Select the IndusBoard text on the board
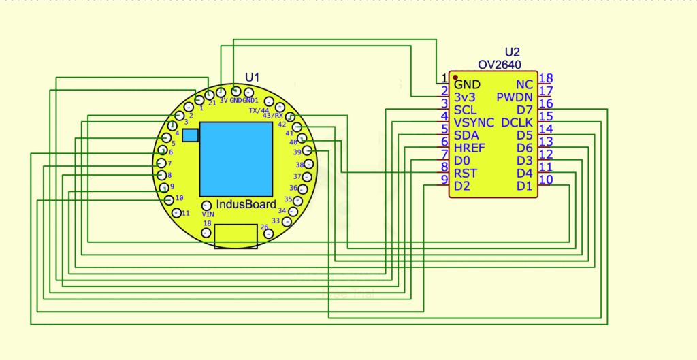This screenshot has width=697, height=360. point(246,204)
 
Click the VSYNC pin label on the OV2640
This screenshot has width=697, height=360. point(474,122)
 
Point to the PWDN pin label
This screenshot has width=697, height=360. point(515,97)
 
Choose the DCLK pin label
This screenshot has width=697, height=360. point(517,122)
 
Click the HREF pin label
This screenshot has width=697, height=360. point(470,148)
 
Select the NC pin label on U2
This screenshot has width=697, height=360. point(524,84)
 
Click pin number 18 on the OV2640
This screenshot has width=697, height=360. point(545,78)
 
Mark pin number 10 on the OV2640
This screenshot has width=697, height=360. point(545,180)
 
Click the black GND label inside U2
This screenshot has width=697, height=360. point(467,84)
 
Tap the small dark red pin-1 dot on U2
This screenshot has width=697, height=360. point(455,77)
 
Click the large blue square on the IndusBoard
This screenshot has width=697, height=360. point(236,159)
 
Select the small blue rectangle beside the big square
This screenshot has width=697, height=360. point(191,135)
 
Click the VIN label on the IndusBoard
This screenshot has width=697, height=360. point(208,214)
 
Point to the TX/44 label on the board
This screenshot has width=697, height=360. point(259,110)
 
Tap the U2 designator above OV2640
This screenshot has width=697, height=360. point(512,52)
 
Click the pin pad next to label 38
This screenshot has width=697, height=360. point(310,163)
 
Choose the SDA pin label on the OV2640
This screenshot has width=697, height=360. point(466,135)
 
